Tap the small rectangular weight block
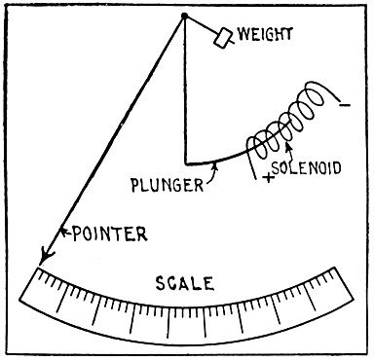[223, 37]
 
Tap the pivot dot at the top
[182, 17]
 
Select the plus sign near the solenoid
[265, 180]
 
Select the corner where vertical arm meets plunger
[185, 162]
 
